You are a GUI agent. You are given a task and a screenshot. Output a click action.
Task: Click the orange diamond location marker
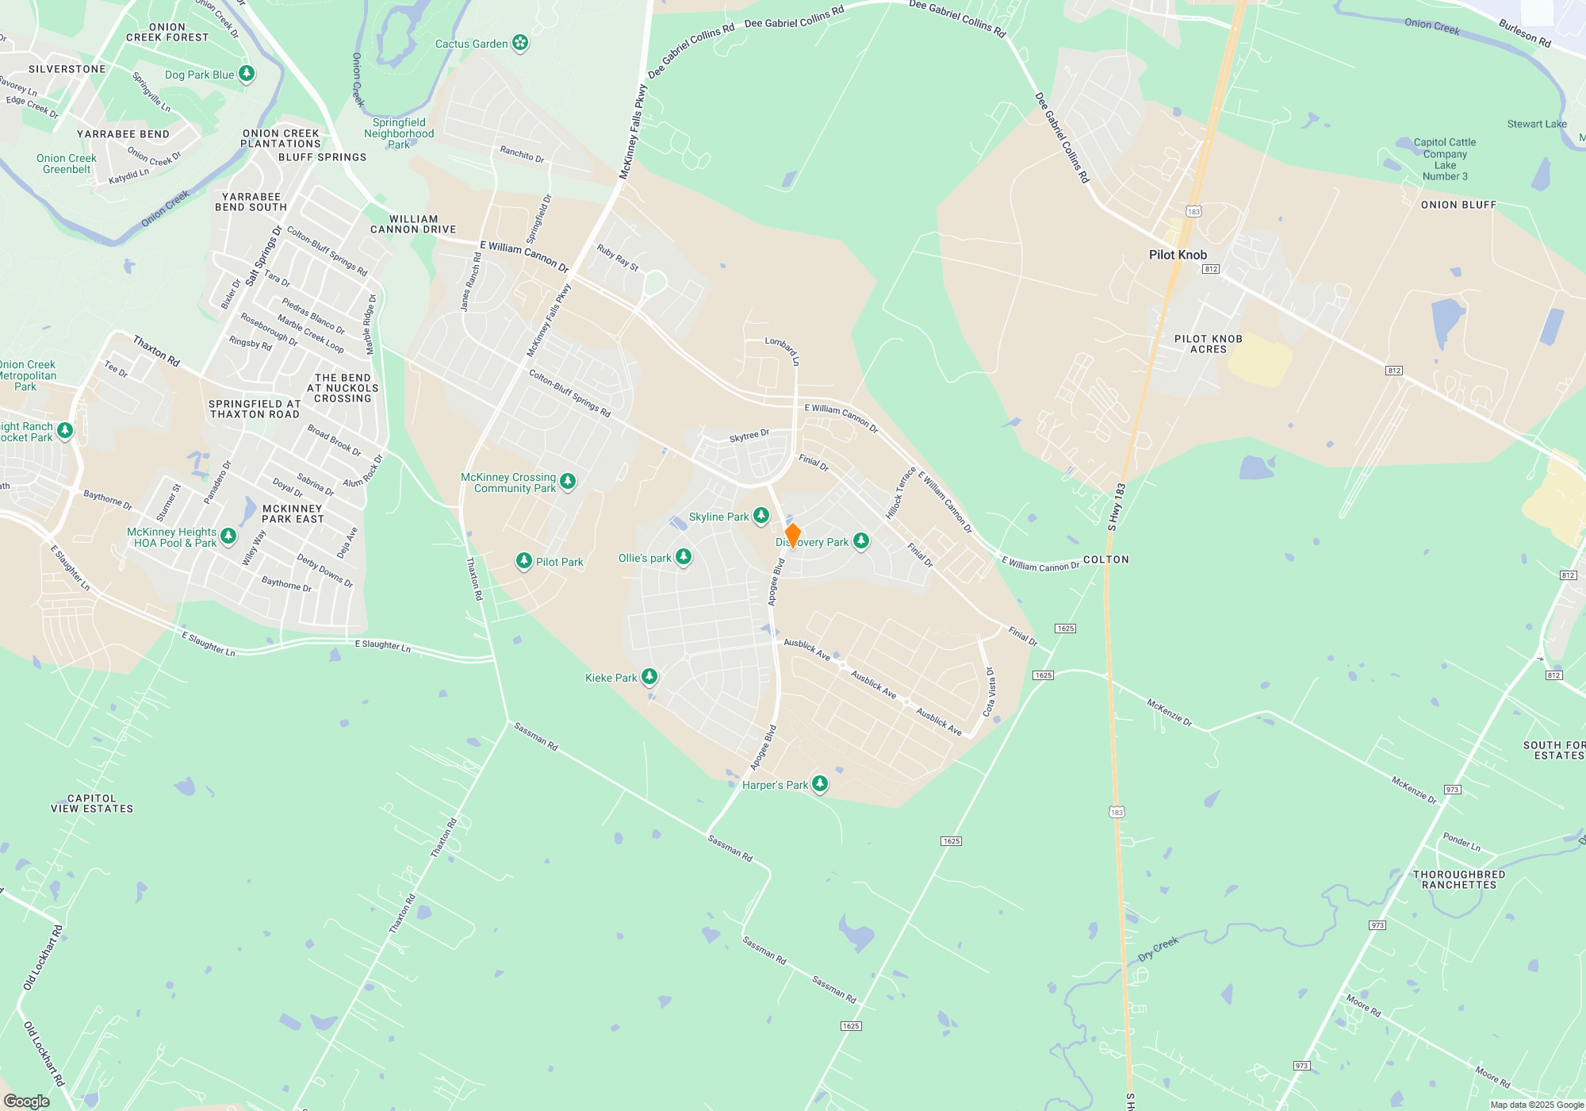(792, 536)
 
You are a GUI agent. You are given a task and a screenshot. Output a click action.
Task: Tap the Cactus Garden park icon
(520, 43)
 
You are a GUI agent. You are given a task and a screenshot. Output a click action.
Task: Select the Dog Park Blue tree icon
(247, 75)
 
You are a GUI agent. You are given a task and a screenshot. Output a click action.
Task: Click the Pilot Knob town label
(1178, 255)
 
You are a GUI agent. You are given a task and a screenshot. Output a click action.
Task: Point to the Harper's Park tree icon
(820, 784)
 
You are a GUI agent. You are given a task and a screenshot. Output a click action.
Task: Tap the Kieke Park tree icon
(649, 677)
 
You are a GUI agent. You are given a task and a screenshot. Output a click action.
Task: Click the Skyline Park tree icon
(761, 517)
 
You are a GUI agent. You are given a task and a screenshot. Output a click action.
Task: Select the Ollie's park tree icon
(684, 558)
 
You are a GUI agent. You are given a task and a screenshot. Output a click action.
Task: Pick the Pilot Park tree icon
(523, 561)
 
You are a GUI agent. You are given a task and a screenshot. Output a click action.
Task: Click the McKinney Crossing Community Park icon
(568, 482)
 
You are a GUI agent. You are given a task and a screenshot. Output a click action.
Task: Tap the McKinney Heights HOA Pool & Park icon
(228, 537)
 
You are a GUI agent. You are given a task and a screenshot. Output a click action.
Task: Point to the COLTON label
(1105, 559)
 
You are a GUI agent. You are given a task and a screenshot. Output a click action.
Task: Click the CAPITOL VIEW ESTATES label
(92, 804)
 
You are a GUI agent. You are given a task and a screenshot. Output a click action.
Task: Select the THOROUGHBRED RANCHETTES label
(1459, 879)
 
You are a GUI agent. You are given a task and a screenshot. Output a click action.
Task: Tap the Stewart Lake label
(1537, 124)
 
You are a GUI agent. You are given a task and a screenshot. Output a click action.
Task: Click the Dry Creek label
(1159, 948)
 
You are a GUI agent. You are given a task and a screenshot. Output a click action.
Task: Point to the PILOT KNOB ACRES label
(1209, 344)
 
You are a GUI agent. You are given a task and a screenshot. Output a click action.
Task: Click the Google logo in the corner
(27, 1101)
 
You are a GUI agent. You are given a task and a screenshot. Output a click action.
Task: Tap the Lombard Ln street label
(783, 349)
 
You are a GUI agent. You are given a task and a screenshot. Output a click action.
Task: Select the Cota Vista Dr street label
(990, 692)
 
